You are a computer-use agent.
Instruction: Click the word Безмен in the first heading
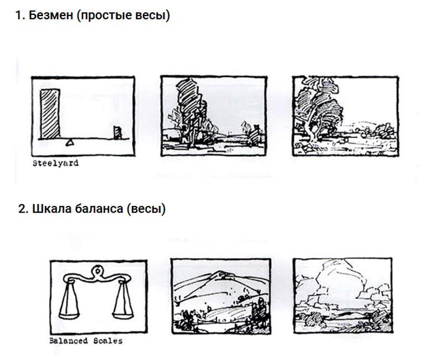point(51,15)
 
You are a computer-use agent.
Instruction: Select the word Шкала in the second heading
point(52,209)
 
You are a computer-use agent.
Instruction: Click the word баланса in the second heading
point(99,209)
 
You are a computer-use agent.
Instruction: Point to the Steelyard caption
point(56,163)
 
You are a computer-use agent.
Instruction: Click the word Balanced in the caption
point(69,341)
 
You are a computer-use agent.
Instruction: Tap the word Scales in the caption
point(108,341)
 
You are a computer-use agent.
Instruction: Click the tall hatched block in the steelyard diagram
point(50,114)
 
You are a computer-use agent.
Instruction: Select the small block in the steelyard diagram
point(117,132)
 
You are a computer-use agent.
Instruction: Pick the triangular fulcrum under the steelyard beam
point(70,142)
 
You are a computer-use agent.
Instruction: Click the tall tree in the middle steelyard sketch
point(190,110)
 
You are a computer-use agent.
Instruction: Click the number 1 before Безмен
point(19,16)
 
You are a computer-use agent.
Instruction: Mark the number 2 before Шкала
point(23,209)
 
